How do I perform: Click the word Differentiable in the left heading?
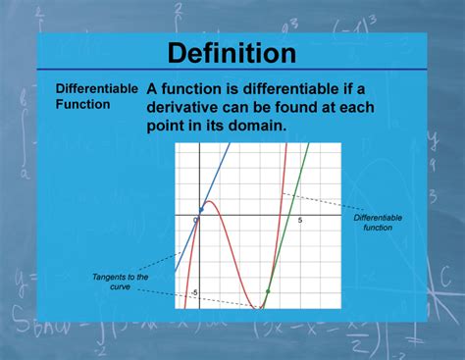point(96,88)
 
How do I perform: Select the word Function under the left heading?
point(82,104)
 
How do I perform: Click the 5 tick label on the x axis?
point(300,222)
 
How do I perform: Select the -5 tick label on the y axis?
point(194,292)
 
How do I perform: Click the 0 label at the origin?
point(195,222)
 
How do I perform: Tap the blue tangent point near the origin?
point(201,209)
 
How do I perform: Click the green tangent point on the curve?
point(268,290)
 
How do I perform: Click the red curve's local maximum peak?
point(210,201)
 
